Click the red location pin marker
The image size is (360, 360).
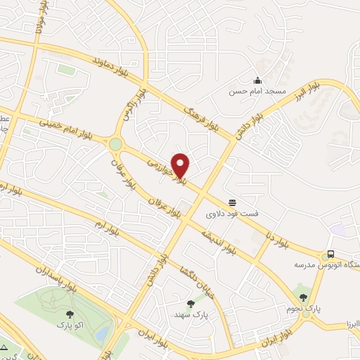181,165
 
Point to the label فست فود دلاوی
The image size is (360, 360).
231,210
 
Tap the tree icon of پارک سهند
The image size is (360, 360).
191,304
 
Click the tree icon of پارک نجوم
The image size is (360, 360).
304,297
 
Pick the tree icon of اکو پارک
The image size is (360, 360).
70,315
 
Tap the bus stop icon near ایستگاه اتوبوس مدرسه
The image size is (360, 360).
330,255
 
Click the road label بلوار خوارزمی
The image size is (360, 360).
167,171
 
